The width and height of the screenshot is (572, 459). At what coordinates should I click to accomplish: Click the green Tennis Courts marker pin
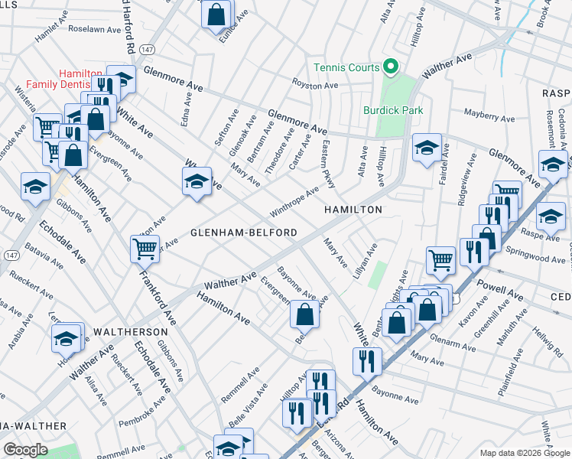390,67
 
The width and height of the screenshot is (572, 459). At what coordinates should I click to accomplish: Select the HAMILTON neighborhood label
352,209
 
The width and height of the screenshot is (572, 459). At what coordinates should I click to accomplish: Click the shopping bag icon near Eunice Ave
216,13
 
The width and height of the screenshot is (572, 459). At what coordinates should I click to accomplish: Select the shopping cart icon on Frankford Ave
145,248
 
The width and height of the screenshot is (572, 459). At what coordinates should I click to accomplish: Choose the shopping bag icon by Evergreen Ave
304,313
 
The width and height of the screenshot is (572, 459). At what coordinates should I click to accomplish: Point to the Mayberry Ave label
489,117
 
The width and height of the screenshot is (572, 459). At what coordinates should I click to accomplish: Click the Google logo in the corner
26,449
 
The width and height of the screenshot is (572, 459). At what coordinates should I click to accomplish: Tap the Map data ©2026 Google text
513,452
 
